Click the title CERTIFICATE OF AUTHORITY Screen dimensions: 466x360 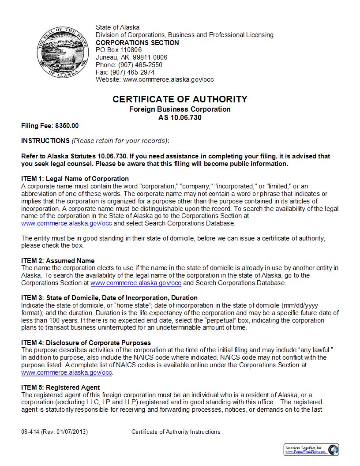pos(180,99)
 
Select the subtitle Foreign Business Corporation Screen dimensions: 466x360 pos(180,109)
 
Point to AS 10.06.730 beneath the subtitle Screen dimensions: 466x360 pos(180,117)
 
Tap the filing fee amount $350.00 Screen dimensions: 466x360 pos(67,126)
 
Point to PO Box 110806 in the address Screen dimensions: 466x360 pos(119,50)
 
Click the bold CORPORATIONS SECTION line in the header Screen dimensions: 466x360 pos(137,43)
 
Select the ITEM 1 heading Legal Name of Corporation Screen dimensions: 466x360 pos(75,179)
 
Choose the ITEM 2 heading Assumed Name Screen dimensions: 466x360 pos(58,260)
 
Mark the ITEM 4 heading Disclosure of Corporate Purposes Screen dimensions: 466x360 pos(86,343)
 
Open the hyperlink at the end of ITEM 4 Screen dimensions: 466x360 pos(66,373)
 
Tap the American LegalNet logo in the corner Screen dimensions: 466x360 pos(311,449)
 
